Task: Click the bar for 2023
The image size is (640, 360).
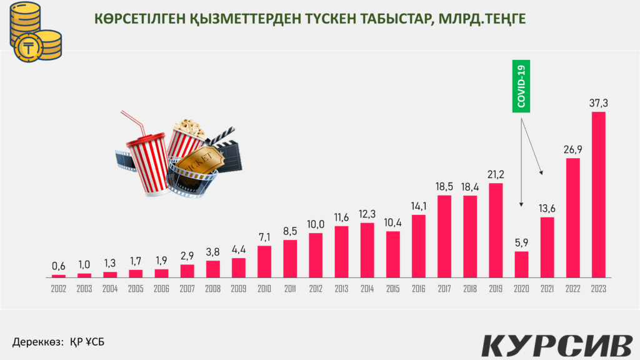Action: (x=598, y=194)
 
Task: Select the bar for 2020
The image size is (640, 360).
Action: (x=521, y=264)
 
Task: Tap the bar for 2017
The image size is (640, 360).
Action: (x=444, y=236)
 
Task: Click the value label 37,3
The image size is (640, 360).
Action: (x=598, y=102)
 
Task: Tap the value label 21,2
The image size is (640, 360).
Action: (x=496, y=172)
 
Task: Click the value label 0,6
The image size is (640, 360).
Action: (x=58, y=266)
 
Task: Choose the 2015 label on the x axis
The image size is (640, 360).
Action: (x=393, y=289)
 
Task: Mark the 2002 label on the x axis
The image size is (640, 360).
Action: (x=58, y=289)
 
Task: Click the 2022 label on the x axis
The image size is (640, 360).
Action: (x=572, y=289)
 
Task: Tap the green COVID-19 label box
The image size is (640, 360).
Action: (x=521, y=86)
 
